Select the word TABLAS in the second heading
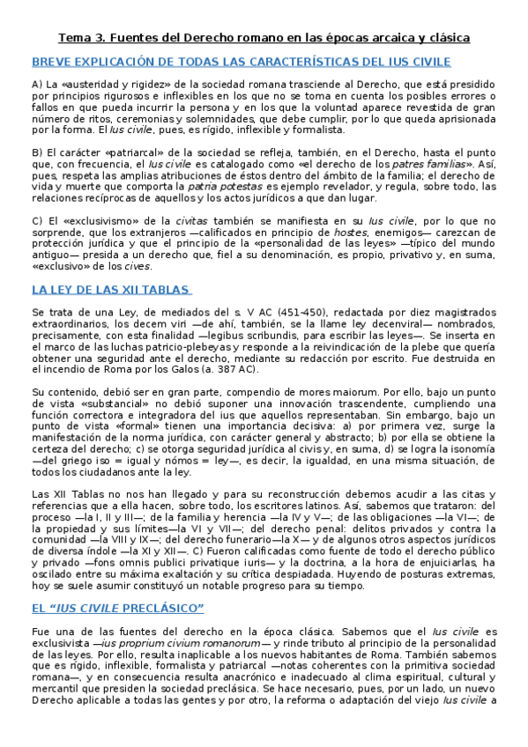pos(160,289)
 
